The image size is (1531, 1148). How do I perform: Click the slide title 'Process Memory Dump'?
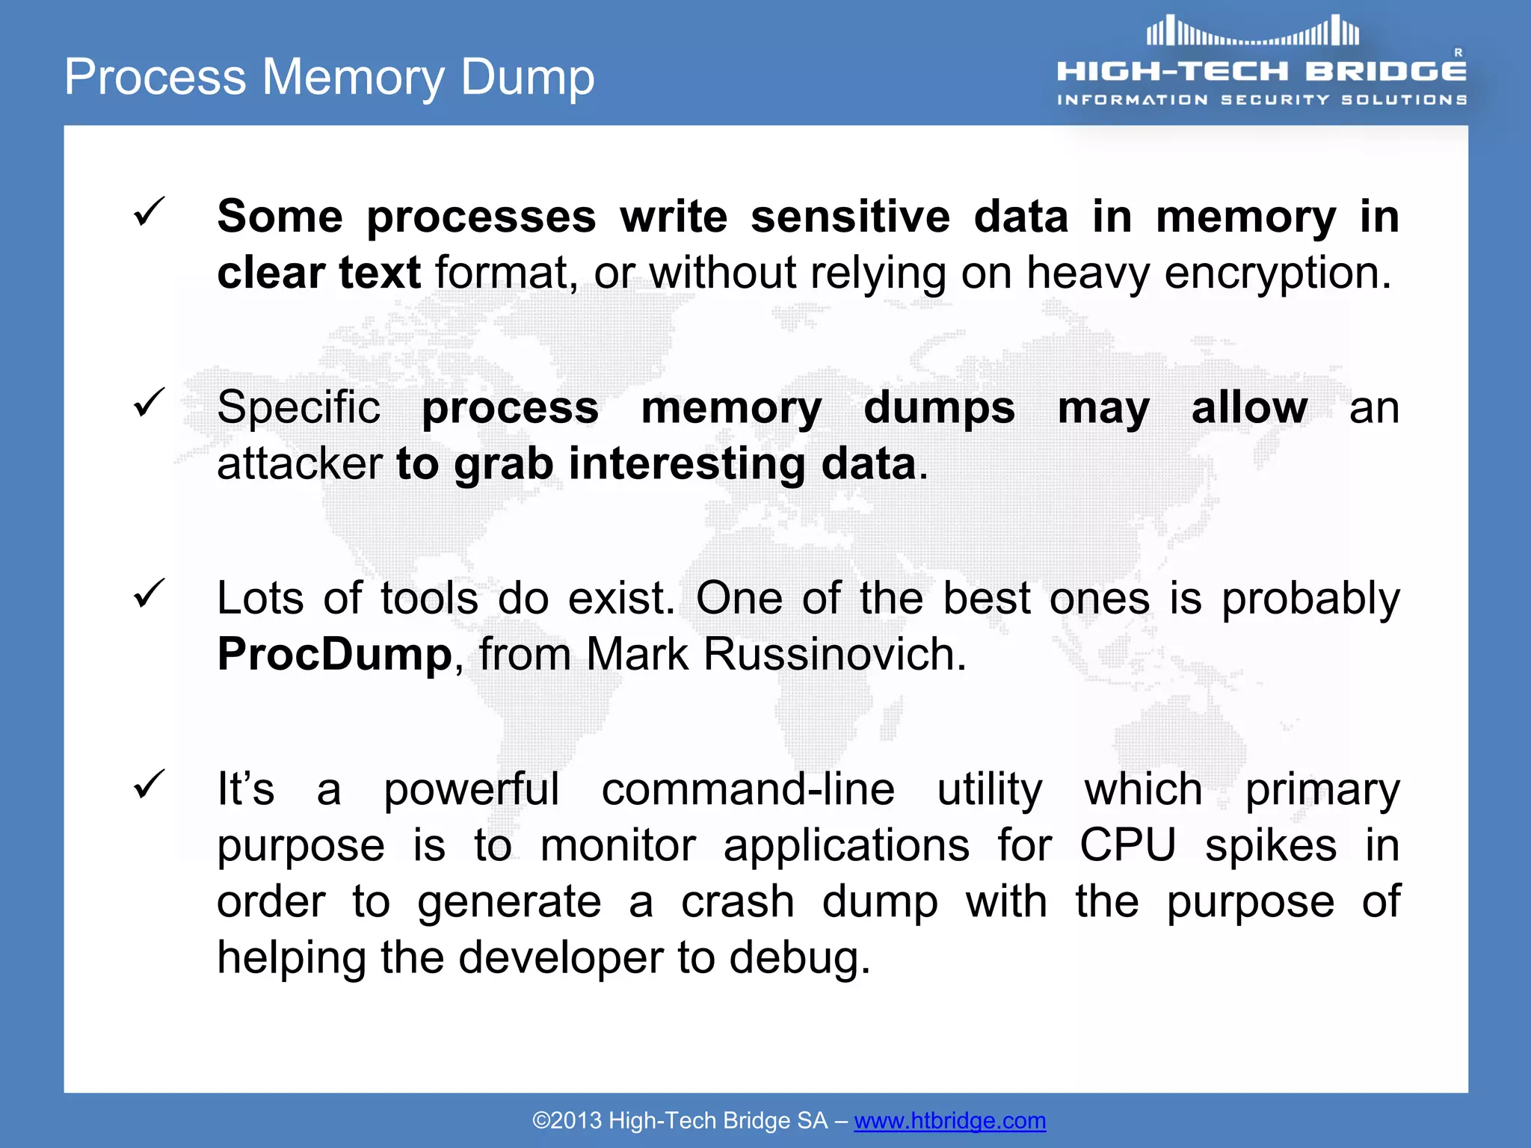(x=329, y=77)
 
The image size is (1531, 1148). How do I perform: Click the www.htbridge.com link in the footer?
(x=949, y=1120)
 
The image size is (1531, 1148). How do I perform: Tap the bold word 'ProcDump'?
(x=335, y=655)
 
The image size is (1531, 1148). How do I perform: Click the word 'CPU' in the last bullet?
(x=1127, y=845)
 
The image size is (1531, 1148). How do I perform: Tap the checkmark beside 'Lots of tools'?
(x=149, y=593)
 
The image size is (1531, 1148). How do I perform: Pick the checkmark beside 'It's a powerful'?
(x=149, y=784)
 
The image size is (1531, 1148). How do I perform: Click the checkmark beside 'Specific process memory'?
(x=149, y=403)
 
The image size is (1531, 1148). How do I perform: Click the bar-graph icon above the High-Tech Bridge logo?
(x=1253, y=31)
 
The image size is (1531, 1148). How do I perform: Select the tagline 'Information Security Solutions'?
(x=1262, y=99)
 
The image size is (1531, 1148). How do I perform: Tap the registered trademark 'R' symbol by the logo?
(x=1458, y=52)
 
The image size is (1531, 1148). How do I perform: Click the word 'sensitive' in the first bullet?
(x=850, y=217)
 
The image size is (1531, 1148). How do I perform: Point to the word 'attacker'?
(x=299, y=464)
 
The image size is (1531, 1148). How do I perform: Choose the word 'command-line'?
(x=748, y=789)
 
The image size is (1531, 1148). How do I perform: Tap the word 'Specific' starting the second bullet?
(x=298, y=408)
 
